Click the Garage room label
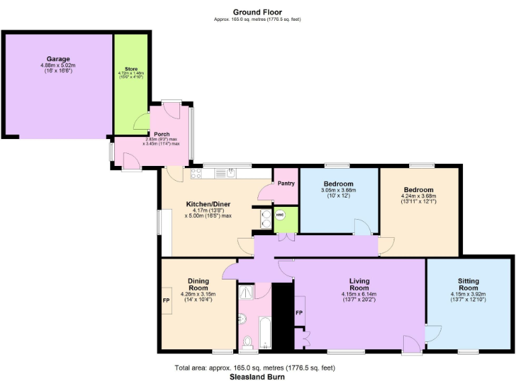(58, 59)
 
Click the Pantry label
(286, 183)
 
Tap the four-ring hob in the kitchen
(197, 173)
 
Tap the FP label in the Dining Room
(166, 300)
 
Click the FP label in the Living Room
(299, 313)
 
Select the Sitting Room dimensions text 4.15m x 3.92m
(468, 294)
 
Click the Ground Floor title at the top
(257, 12)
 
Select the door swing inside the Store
(141, 122)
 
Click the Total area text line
(255, 368)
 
